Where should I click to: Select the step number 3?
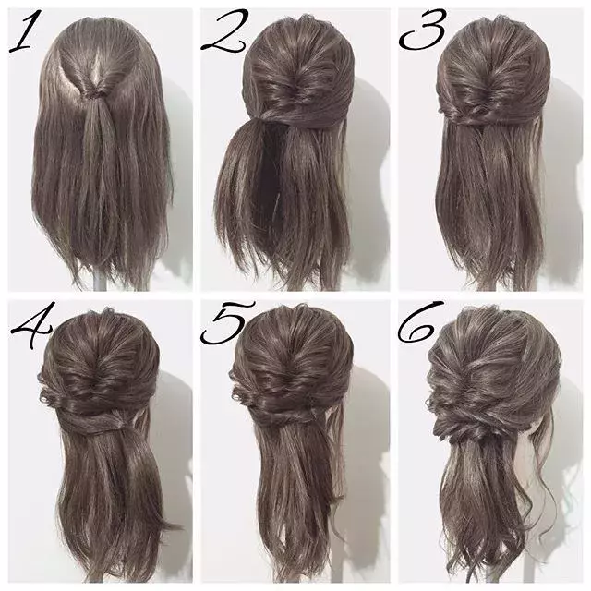(421, 30)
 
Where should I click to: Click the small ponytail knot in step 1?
(93, 94)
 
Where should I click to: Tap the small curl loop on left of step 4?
(45, 396)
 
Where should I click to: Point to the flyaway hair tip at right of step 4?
(175, 525)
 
